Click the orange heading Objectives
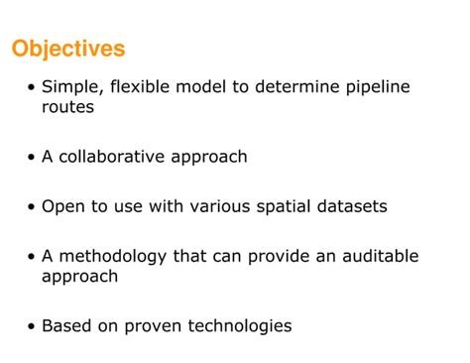point(68,49)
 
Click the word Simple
point(71,87)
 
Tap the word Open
point(61,207)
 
